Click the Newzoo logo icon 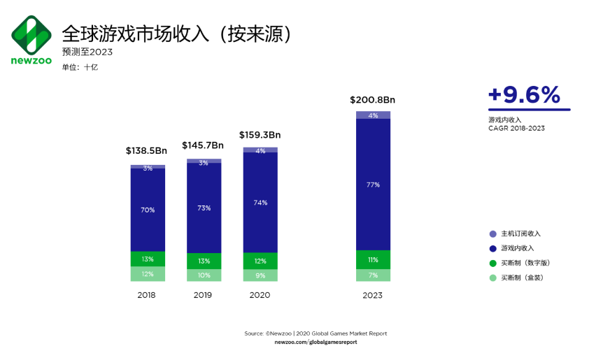[x=31, y=34]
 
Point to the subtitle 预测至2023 [x=87, y=52]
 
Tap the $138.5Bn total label [x=146, y=150]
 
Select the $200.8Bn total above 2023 [x=372, y=99]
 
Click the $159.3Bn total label [x=260, y=134]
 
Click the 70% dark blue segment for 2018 [x=148, y=210]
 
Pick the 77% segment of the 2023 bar [x=373, y=185]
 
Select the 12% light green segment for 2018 [x=148, y=274]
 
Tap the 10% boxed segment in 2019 [x=204, y=275]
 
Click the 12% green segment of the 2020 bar [x=260, y=261]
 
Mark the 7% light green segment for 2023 [x=373, y=275]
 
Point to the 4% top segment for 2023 [x=373, y=115]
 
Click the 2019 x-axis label [x=204, y=295]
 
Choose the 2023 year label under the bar [x=372, y=295]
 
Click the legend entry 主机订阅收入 [x=520, y=233]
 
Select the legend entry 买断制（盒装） [x=522, y=278]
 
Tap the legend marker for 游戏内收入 [x=492, y=248]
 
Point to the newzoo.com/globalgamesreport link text [x=315, y=342]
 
